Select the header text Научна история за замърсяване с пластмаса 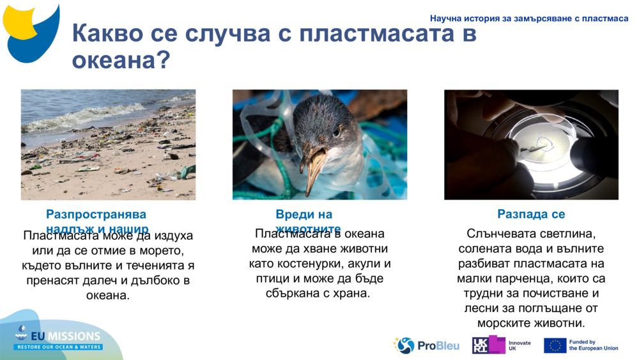pos(529,19)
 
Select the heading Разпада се pos(531,214)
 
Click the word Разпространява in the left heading pos(96,214)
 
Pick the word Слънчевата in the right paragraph pos(505,234)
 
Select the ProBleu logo pos(426,345)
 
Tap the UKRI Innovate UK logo pos(501,345)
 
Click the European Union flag pos(555,345)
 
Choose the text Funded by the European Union pos(593,345)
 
